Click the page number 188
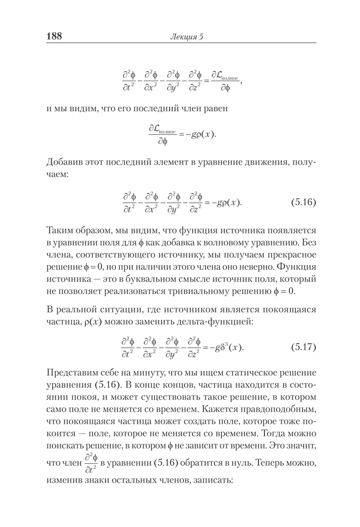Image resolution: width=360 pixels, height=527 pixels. (x=52, y=36)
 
